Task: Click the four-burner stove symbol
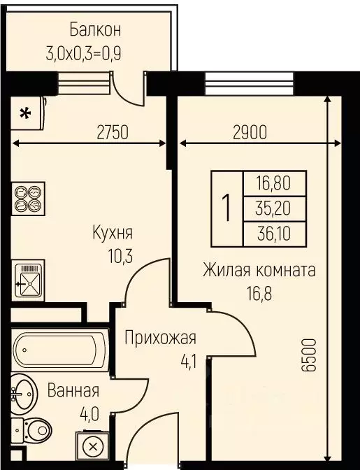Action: (x=29, y=197)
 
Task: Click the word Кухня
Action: (x=113, y=233)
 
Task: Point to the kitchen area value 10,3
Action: (x=112, y=257)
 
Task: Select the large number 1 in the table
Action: (x=227, y=208)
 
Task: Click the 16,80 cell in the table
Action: (x=275, y=184)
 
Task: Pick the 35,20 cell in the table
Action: (x=275, y=208)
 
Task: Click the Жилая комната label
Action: (x=259, y=269)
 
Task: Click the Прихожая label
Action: (x=160, y=339)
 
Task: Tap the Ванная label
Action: (x=73, y=391)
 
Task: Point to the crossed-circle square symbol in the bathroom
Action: (x=91, y=445)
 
